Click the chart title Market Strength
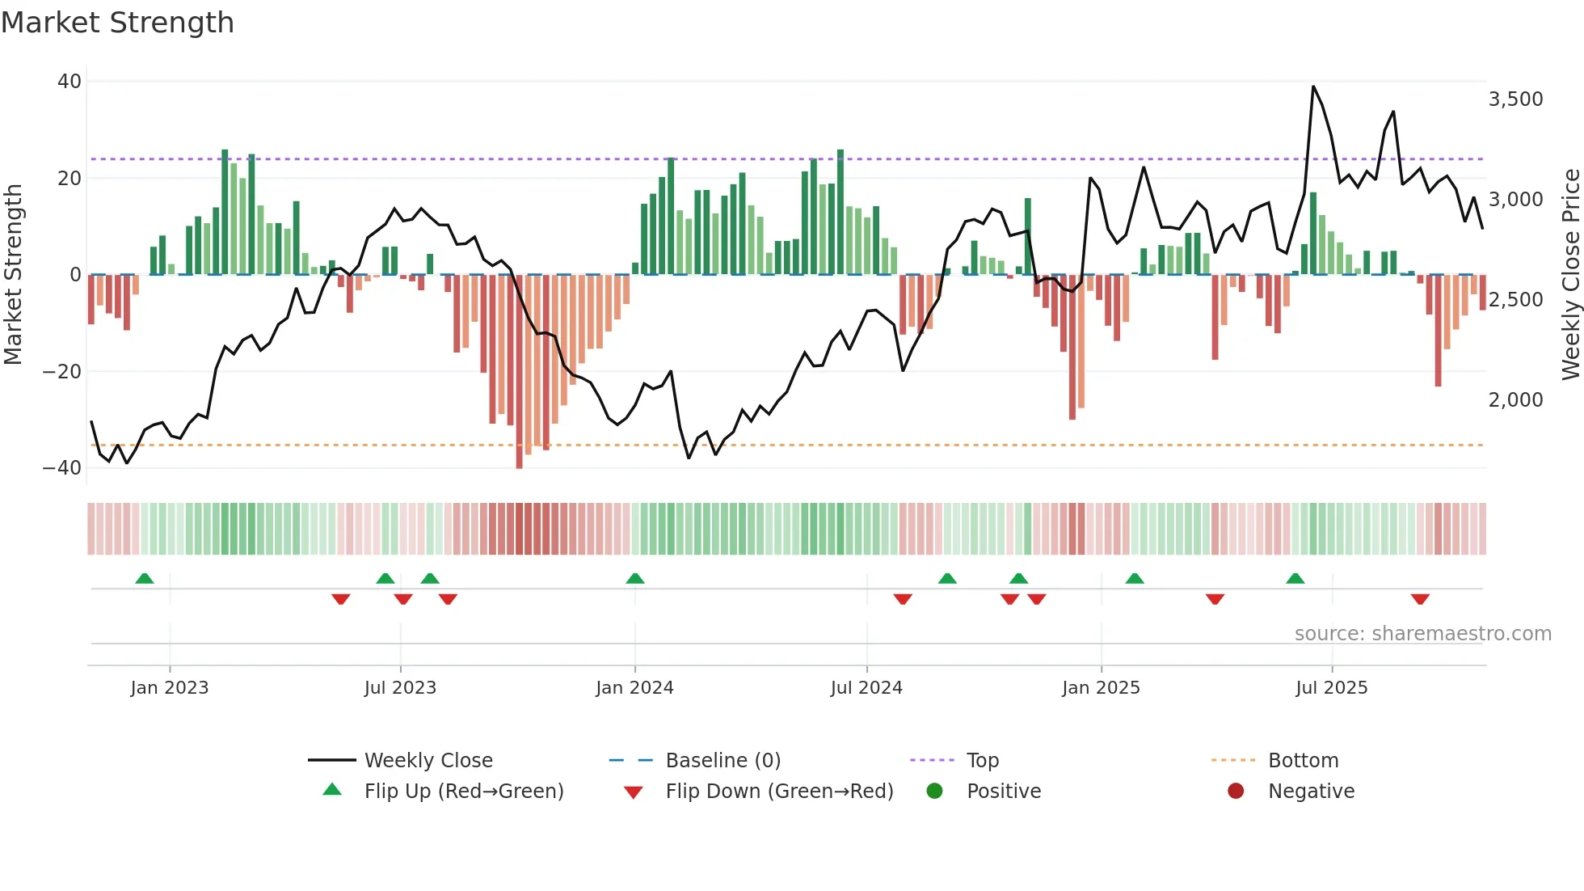point(117,23)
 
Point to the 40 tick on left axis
point(70,82)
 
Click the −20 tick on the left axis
point(62,372)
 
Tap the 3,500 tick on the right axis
point(1515,99)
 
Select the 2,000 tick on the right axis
point(1515,400)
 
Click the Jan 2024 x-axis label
point(634,688)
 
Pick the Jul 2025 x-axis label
point(1331,688)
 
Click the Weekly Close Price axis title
point(1570,275)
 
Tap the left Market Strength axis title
point(13,275)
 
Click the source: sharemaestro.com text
point(1422,634)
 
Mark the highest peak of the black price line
point(1313,87)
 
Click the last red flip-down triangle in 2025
point(1420,599)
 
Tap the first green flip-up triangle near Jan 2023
point(145,578)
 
